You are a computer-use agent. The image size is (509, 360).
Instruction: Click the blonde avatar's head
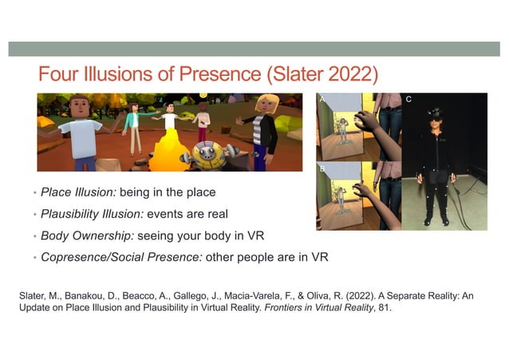coord(266,105)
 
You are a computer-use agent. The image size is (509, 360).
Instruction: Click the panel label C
coord(408,100)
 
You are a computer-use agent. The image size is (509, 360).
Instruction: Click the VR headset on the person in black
coord(436,113)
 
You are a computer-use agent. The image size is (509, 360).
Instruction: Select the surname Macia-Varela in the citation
coord(275,296)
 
